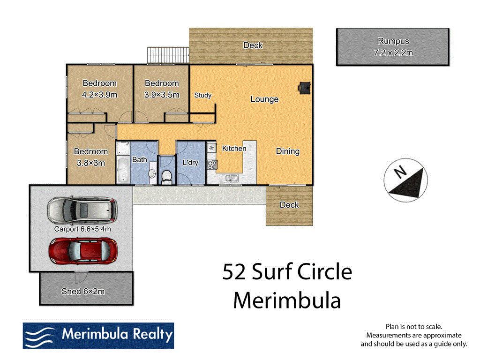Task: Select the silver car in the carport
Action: [82, 210]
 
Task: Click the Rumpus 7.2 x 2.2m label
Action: [393, 47]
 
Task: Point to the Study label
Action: [202, 95]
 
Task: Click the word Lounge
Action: [264, 99]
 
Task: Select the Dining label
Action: [287, 151]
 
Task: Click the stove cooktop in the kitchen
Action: [212, 164]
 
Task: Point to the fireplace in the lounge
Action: [305, 88]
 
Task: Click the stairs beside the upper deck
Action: [168, 54]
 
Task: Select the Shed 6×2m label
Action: [83, 292]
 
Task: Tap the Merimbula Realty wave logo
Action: [40, 336]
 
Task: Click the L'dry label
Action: [190, 163]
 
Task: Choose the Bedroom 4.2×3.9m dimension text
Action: [99, 95]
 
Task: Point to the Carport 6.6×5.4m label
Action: [82, 229]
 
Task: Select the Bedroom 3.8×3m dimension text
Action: [90, 163]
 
